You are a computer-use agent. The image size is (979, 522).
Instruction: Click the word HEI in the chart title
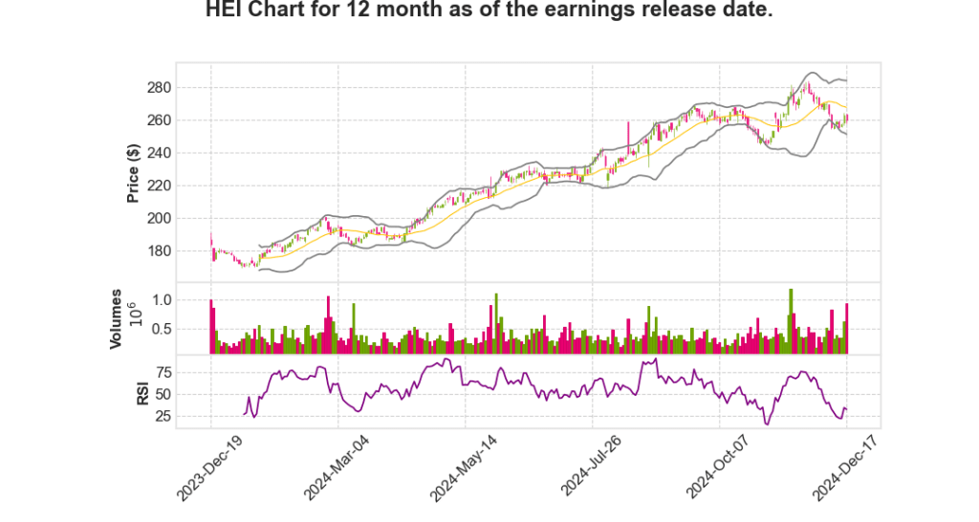pyautogui.click(x=227, y=11)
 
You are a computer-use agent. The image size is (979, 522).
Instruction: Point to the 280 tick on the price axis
pyautogui.click(x=185, y=88)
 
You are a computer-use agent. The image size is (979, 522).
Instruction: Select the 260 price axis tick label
pyautogui.click(x=185, y=120)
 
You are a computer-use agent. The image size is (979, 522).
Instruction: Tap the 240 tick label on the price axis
pyautogui.click(x=185, y=153)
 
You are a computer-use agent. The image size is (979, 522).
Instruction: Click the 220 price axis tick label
pyautogui.click(x=185, y=185)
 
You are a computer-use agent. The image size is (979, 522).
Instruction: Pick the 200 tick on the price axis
pyautogui.click(x=185, y=218)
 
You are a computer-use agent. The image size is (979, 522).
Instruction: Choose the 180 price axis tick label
pyautogui.click(x=185, y=250)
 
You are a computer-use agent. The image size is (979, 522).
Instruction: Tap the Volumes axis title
pyautogui.click(x=117, y=318)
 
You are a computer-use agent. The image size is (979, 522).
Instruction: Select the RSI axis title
pyautogui.click(x=142, y=392)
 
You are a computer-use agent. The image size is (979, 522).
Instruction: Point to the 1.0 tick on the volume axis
pyautogui.click(x=187, y=300)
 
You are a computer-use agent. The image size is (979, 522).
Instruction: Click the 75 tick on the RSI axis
pyautogui.click(x=189, y=372)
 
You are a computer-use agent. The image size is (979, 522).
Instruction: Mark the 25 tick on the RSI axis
pyautogui.click(x=189, y=416)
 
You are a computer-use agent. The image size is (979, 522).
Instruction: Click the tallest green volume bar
pyautogui.click(x=791, y=321)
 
